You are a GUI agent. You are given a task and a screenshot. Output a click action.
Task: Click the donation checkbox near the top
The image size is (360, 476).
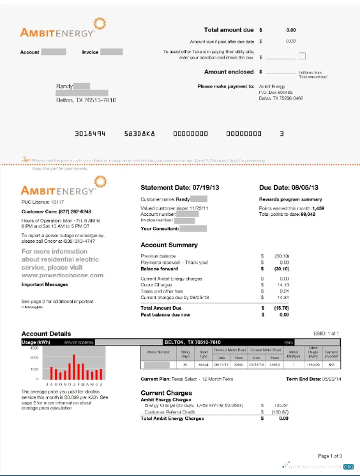[303, 56]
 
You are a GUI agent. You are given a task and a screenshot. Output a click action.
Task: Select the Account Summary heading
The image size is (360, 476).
[169, 245]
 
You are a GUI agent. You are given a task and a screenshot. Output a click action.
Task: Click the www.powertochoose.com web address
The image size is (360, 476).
[63, 275]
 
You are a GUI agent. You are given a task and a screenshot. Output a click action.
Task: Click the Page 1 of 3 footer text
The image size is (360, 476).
[331, 456]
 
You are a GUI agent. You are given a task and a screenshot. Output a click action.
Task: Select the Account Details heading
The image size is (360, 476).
[46, 334]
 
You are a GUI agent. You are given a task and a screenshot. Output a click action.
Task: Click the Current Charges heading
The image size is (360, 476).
[166, 393]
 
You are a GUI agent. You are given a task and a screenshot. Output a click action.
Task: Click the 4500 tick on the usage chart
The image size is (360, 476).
[34, 348]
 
